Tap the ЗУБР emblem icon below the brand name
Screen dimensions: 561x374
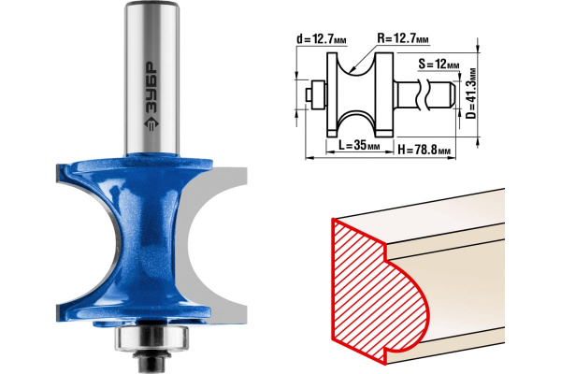[x=151, y=122]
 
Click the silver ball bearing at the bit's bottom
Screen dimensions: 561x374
[x=151, y=338]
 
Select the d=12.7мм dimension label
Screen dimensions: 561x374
[x=322, y=39]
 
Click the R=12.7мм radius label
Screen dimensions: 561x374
[x=403, y=38]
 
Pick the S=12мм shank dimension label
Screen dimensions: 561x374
[x=439, y=65]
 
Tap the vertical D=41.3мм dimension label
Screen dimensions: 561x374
[x=472, y=93]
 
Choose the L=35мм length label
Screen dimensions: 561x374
[x=359, y=145]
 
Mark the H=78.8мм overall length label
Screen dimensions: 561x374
[x=424, y=150]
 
